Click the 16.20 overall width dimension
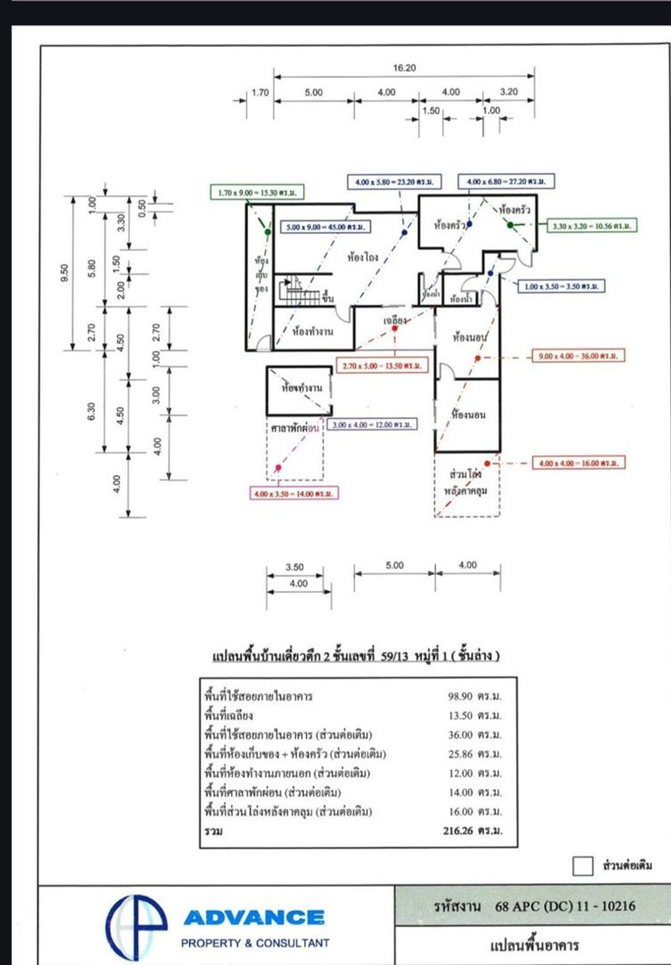(x=404, y=68)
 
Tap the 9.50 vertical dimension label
(x=65, y=272)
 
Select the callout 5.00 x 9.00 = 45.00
(x=325, y=227)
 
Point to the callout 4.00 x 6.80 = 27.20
(x=506, y=182)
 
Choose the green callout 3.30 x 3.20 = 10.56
(x=592, y=226)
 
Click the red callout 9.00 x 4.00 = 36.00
(x=578, y=356)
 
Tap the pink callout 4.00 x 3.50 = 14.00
(x=294, y=494)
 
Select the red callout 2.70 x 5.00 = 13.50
(x=382, y=366)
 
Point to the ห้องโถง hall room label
(x=362, y=258)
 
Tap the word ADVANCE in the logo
(x=254, y=917)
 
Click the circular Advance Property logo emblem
(x=136, y=925)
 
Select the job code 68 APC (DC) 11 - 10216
(x=565, y=906)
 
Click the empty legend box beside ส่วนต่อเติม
(x=582, y=866)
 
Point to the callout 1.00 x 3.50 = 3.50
(x=561, y=286)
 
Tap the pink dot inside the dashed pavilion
(x=278, y=467)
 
